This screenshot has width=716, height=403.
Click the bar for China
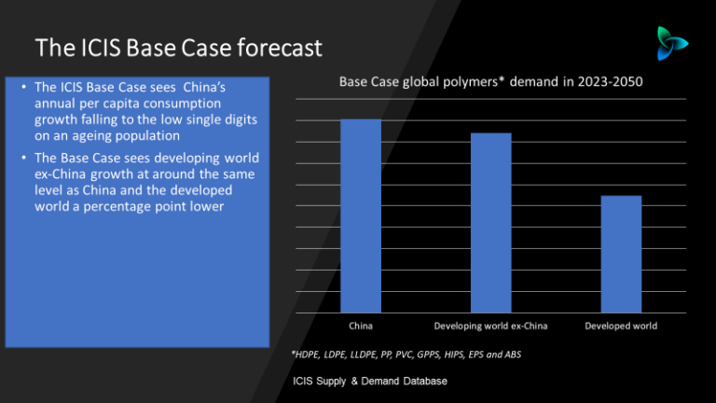click(x=361, y=215)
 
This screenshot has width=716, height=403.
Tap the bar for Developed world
click(x=621, y=254)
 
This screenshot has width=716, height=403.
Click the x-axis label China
click(x=361, y=327)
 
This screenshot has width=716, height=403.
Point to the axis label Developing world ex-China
click(x=490, y=327)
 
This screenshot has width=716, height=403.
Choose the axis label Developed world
click(x=621, y=327)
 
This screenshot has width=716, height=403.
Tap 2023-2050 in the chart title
click(x=610, y=83)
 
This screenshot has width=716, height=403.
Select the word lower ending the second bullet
click(x=206, y=206)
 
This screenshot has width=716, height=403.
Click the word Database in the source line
click(x=421, y=382)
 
